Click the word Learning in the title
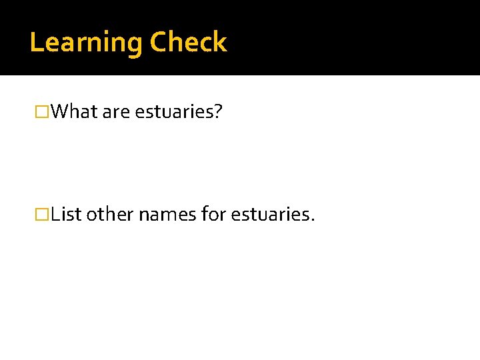pos(86,43)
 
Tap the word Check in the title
pos(189,42)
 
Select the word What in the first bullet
pos(74,111)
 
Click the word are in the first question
pos(117,112)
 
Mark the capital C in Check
pos(158,42)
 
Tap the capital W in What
pos(59,111)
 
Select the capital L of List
pos(55,215)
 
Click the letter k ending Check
pos(221,42)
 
